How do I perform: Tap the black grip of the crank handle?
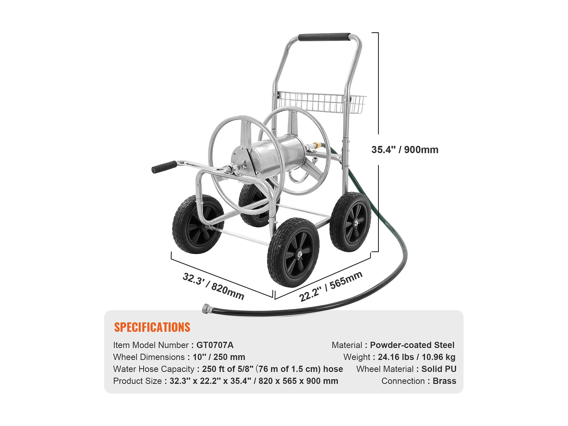tap(164, 167)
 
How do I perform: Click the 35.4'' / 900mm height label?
tap(405, 150)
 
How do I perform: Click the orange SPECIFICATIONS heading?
tap(152, 327)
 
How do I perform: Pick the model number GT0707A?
tap(215, 345)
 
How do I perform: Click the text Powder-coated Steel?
tap(412, 345)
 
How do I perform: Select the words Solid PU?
tap(439, 369)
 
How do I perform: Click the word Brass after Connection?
tap(444, 381)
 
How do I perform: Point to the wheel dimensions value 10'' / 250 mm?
tap(219, 357)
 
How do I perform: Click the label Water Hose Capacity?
tap(154, 369)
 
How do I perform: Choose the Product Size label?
tap(137, 381)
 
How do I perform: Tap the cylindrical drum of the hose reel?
tap(277, 154)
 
